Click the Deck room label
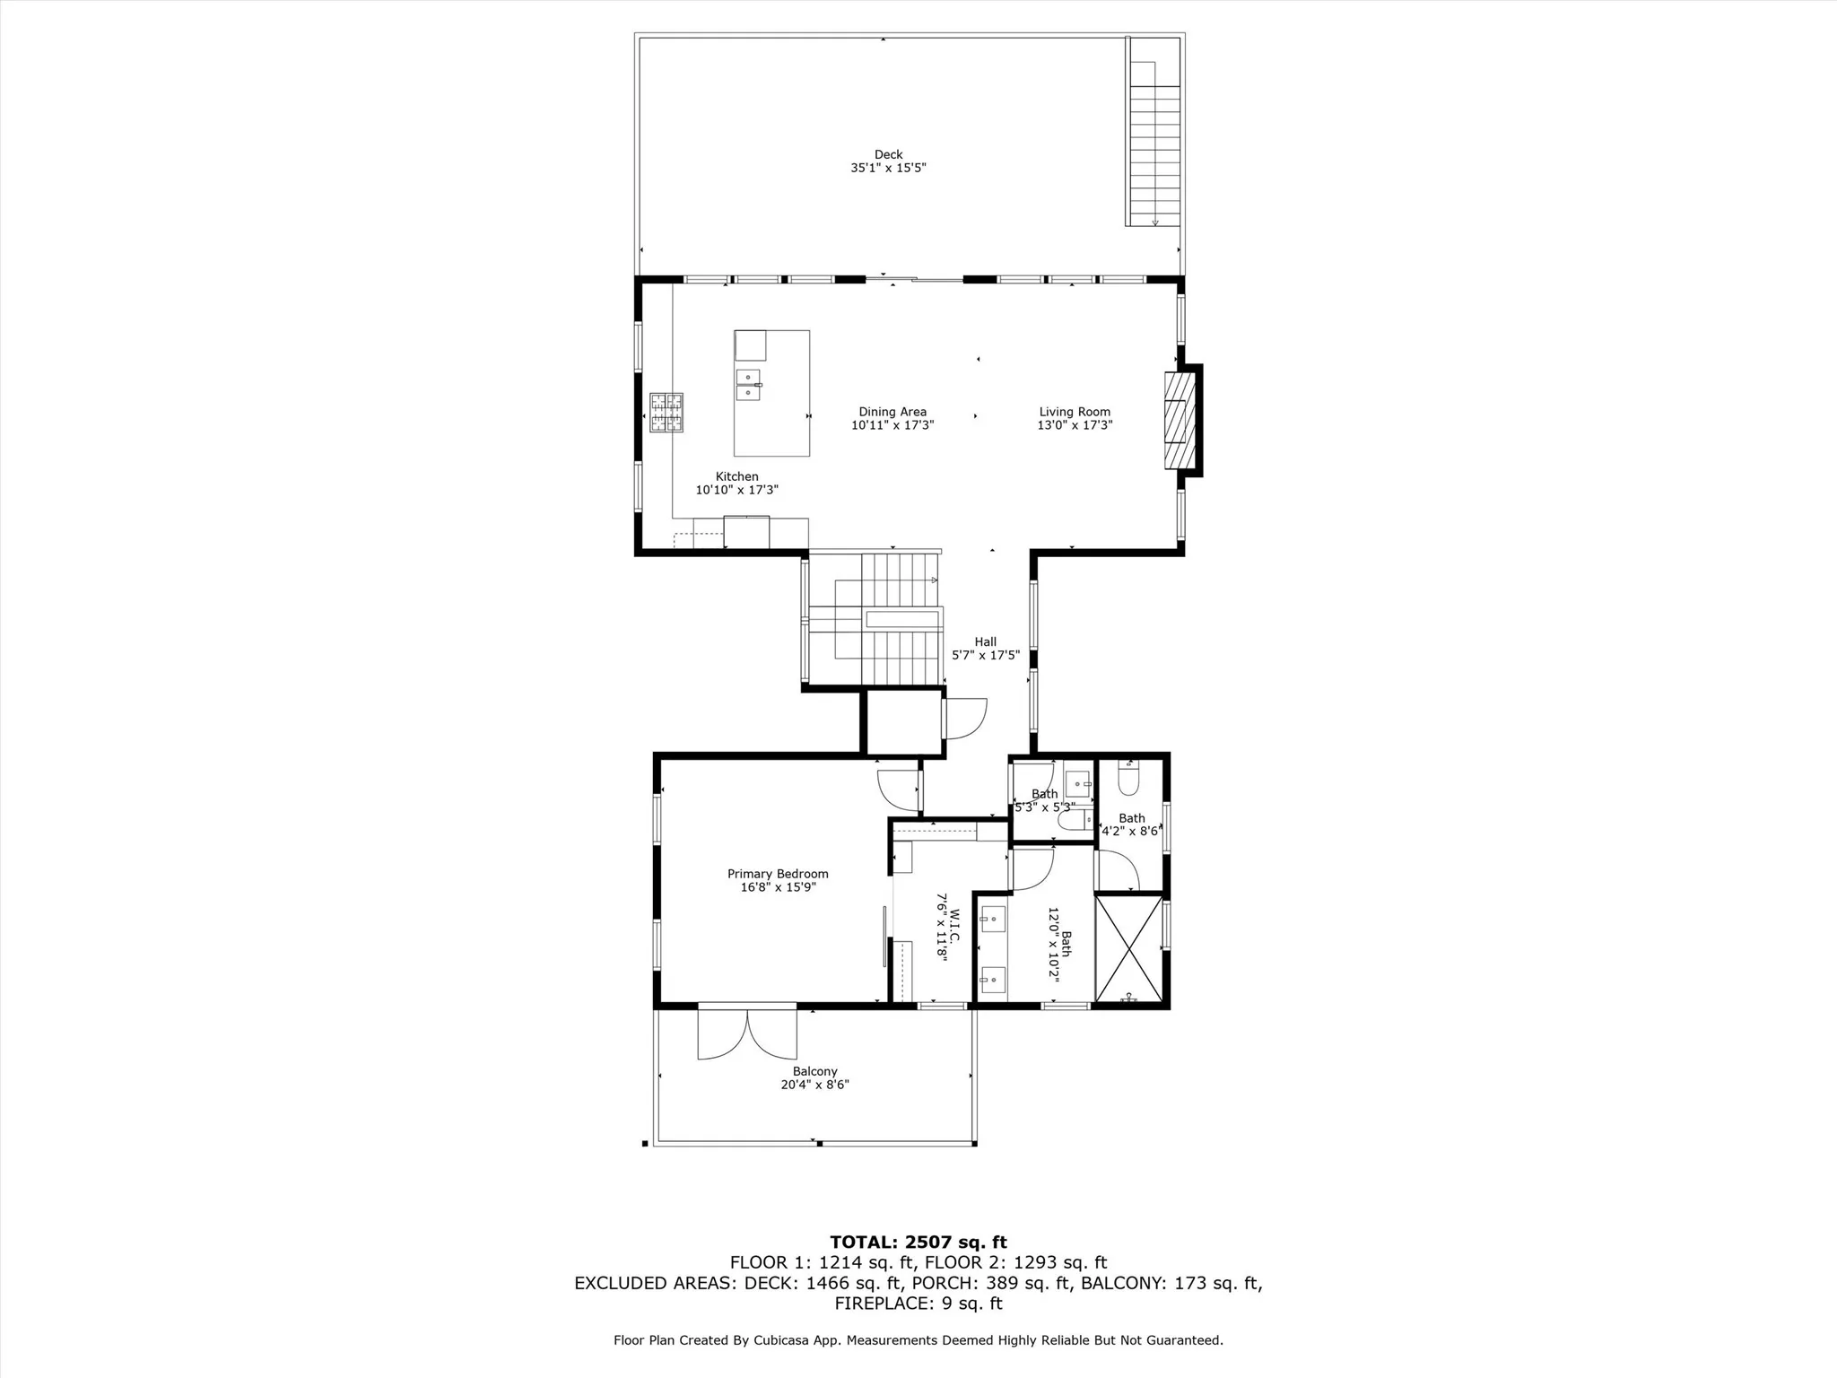click(x=888, y=154)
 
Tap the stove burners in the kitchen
click(x=666, y=413)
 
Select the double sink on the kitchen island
click(x=748, y=384)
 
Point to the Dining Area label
click(x=892, y=413)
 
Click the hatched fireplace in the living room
click(x=1180, y=420)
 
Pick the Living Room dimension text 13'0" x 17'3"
click(x=1075, y=425)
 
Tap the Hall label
click(x=986, y=641)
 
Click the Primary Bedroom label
click(x=778, y=874)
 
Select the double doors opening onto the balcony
click(x=747, y=1033)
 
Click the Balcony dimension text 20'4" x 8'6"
click(x=814, y=1085)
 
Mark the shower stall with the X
click(x=1128, y=948)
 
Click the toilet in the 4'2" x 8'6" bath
click(x=1128, y=778)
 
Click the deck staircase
click(x=1154, y=144)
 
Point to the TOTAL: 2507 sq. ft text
click(x=918, y=1243)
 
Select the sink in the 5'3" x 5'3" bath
click(x=1077, y=785)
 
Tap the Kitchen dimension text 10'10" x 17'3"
click(x=736, y=490)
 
